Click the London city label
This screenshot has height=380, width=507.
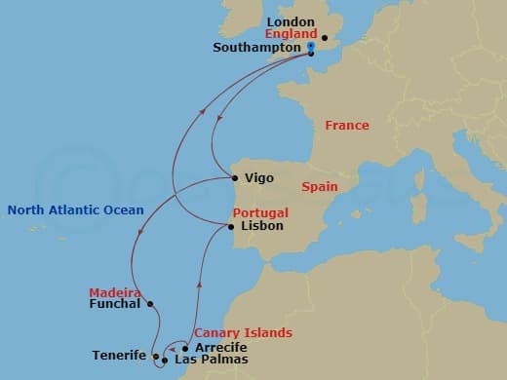292,21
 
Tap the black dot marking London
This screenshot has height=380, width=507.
324,40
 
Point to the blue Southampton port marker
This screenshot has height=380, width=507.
310,47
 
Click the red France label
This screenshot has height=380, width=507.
347,126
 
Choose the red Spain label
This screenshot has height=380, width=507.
320,185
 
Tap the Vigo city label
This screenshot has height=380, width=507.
259,178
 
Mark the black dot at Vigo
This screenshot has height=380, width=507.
236,177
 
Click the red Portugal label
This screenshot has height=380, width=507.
260,212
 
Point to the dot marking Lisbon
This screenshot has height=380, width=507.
231,227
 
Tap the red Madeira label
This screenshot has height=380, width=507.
115,292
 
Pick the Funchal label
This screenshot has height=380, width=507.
115,305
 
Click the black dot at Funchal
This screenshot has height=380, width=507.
150,304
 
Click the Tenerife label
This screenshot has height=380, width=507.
119,356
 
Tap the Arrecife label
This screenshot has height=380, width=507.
220,347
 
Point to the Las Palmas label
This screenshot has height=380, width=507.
211,360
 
